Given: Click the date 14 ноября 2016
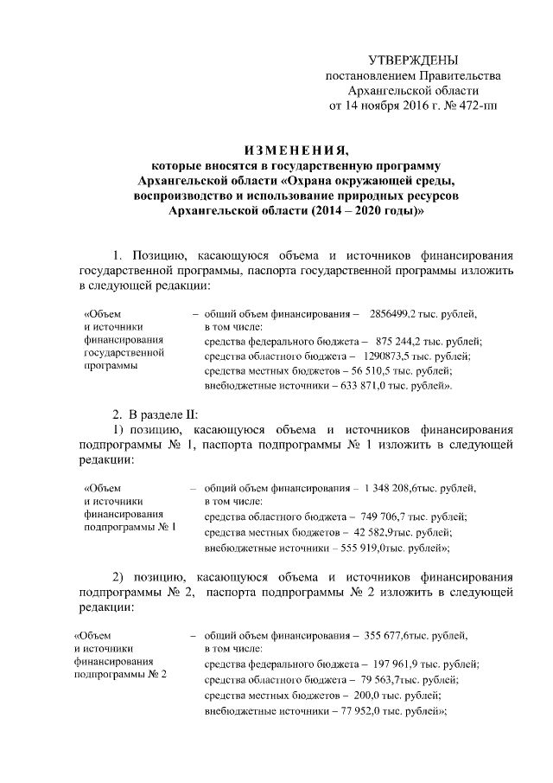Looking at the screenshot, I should [383, 106].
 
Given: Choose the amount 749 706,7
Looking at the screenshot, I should [391, 517].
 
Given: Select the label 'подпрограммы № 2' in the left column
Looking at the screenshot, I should [121, 673].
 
